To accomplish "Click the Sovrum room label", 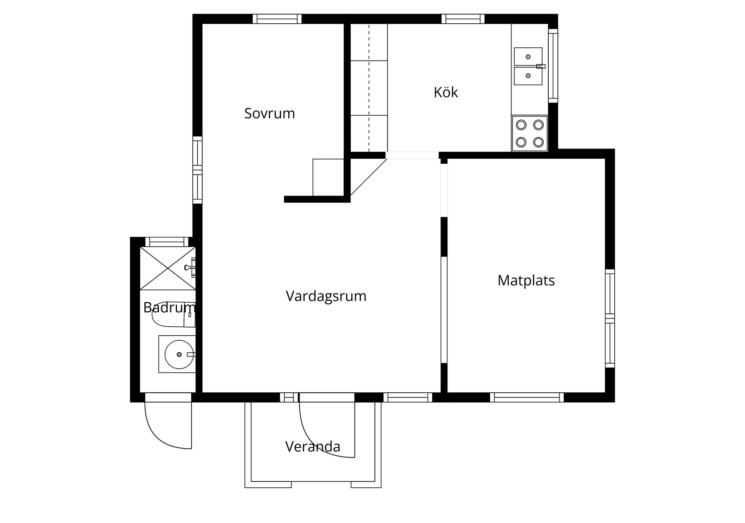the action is click(269, 113).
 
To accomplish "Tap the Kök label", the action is click(446, 92).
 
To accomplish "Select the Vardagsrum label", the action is click(326, 296).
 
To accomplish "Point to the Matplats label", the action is click(526, 280).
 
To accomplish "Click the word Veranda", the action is click(313, 447).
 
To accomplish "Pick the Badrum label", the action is click(169, 307).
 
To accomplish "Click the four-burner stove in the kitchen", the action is click(530, 133).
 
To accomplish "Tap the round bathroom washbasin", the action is click(179, 354).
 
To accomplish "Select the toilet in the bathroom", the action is click(174, 314).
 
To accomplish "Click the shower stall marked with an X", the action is click(168, 268).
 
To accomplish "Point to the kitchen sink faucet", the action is click(541, 66).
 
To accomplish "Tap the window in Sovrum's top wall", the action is click(277, 19).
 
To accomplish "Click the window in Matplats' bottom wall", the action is click(527, 397).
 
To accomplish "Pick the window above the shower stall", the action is click(167, 242).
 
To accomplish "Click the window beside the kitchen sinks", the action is click(553, 66).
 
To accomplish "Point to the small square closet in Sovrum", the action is click(328, 177).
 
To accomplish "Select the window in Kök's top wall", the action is click(463, 19).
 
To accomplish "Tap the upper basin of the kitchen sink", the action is click(528, 57).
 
